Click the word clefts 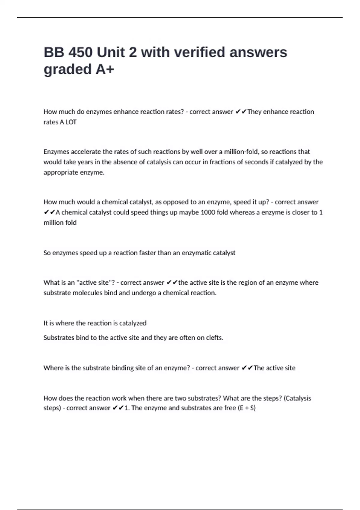point(214,338)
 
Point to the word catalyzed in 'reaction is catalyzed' point(133,323)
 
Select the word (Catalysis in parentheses point(297,398)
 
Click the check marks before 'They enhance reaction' point(241,112)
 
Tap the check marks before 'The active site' point(247,368)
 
